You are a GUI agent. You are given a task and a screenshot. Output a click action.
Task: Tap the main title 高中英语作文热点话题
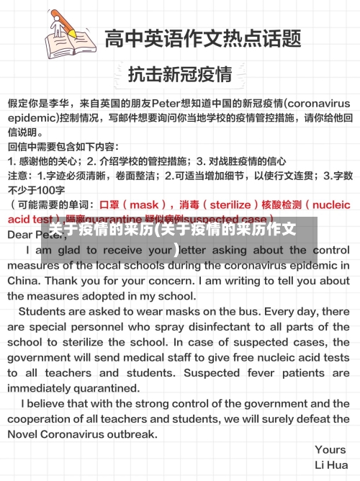pos(202,37)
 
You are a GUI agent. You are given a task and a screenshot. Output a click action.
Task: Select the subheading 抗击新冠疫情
pos(180,73)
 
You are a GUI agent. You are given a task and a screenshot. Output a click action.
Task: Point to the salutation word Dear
pos(22,234)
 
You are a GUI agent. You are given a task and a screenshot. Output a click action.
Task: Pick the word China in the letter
pos(24,281)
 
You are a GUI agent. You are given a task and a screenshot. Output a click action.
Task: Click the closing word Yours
pos(330,450)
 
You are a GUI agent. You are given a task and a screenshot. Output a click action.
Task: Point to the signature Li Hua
pos(332,465)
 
